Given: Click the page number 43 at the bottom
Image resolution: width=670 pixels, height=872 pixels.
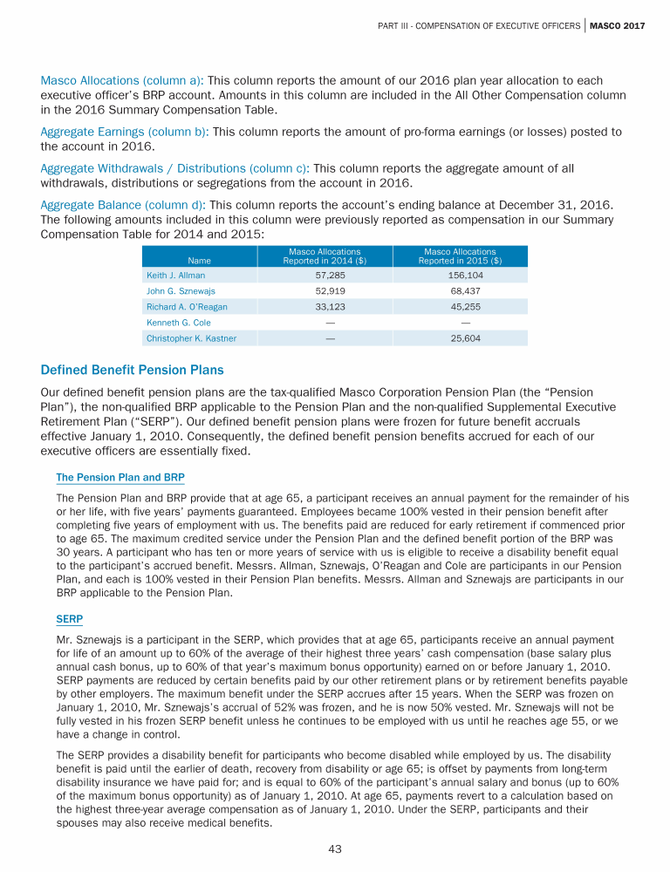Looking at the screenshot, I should coord(335,849).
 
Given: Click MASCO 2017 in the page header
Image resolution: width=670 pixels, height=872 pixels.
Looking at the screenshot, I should coord(617,25).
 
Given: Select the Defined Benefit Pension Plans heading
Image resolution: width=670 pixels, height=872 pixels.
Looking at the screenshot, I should coord(133,370).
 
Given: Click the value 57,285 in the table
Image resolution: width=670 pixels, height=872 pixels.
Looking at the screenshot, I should coord(325,275).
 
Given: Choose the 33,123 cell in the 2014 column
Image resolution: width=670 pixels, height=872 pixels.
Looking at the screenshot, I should coord(325,306).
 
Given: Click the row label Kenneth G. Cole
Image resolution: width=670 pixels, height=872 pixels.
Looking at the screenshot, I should coord(179,323).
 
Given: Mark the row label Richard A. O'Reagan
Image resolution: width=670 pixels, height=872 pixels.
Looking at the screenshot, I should coord(188,306).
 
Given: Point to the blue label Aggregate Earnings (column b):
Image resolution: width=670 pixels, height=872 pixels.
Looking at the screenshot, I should coord(126,132).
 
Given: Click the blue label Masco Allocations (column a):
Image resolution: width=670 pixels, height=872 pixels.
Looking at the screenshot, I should coord(122,79).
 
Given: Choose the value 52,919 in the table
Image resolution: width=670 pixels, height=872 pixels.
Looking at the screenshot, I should coord(325,290).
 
